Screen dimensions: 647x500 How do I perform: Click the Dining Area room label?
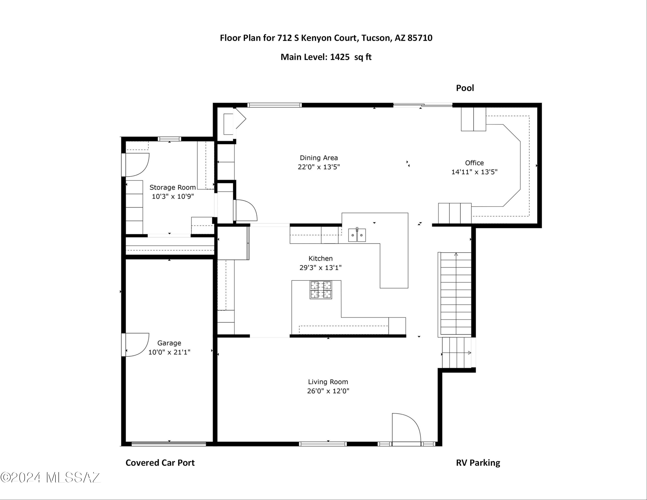319,158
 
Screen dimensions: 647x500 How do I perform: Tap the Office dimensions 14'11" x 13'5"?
474,172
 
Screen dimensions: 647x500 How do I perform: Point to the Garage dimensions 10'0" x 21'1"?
169,352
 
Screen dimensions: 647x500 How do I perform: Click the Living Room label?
328,382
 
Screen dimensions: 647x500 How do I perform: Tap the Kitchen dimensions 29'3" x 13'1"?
320,268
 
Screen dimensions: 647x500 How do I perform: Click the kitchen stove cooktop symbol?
321,290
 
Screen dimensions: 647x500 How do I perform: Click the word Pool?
465,88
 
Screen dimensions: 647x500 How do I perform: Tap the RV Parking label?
478,463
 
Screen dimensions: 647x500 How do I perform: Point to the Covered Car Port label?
160,463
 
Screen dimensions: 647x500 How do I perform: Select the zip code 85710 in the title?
420,38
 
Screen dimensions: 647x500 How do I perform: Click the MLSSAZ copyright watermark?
50,478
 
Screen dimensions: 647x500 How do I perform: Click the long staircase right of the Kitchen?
455,294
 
